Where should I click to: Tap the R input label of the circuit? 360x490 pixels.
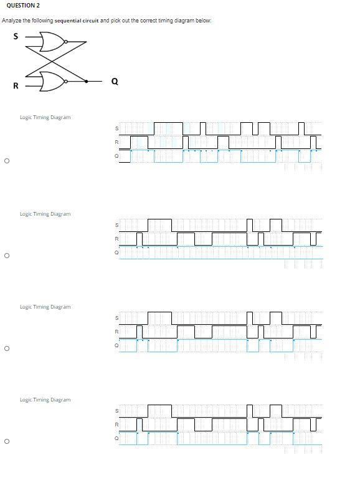[x=16, y=85]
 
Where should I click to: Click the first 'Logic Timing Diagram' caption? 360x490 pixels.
[x=45, y=117]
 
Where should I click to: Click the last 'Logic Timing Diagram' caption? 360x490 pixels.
[x=45, y=400]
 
